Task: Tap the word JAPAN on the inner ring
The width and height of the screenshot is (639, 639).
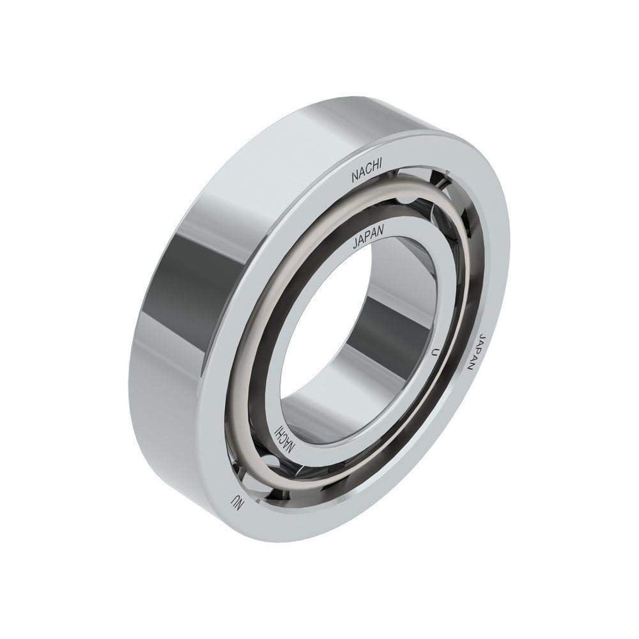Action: (369, 236)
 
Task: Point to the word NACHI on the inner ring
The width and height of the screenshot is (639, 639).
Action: (285, 440)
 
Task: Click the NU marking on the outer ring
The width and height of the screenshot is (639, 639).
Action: (236, 502)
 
